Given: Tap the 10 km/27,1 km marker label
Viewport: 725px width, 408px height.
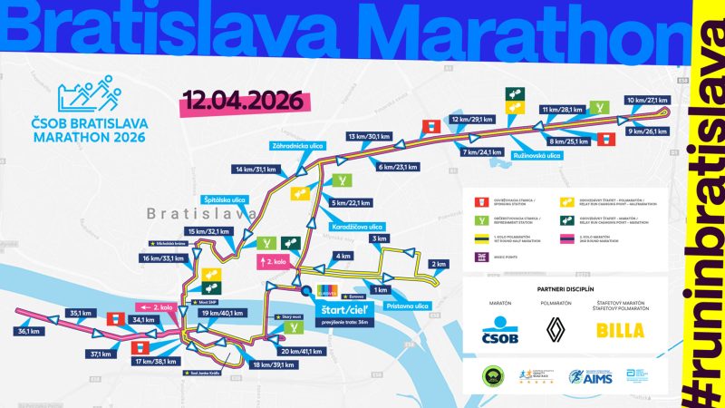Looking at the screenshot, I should [x=647, y=101].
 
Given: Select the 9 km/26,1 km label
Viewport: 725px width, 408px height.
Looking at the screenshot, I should [x=648, y=131].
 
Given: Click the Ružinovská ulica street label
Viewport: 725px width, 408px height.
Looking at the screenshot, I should [x=536, y=156].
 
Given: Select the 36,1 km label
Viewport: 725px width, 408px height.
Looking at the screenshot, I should [x=33, y=331].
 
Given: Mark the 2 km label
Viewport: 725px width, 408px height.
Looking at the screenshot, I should [x=439, y=264].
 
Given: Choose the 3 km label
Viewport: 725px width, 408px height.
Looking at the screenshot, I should [x=379, y=238].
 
